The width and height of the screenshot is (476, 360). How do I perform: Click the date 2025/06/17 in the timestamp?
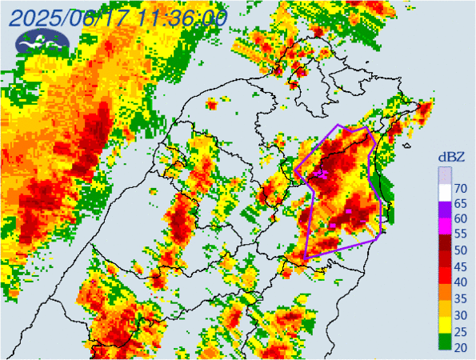click(67, 17)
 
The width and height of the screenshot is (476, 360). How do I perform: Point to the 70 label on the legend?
click(461, 189)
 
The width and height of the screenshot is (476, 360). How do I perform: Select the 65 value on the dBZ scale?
click(461, 204)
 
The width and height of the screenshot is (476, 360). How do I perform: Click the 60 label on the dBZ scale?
click(461, 219)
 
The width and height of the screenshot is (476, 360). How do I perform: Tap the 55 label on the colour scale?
click(461, 235)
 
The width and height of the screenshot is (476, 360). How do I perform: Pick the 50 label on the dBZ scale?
click(461, 250)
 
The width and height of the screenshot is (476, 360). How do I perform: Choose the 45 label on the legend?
click(461, 266)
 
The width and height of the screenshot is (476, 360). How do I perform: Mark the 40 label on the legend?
click(461, 282)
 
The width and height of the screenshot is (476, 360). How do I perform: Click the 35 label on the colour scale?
click(461, 298)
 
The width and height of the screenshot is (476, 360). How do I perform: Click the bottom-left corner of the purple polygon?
click(306, 258)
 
